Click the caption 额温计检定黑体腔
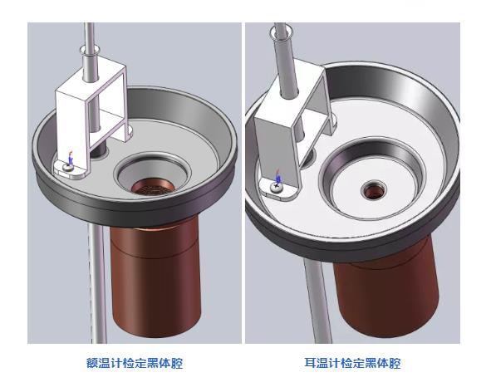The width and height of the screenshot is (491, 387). tap(135, 363)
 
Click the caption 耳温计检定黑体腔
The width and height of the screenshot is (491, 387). tap(352, 363)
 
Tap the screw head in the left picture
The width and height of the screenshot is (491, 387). tap(68, 167)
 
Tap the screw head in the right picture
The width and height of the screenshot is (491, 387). tap(277, 187)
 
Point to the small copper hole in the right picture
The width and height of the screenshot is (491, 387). tap(374, 191)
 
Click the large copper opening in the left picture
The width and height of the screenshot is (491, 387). tap(153, 187)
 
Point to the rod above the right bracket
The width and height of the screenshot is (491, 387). tap(284, 60)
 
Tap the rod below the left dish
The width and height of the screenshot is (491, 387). tap(96, 282)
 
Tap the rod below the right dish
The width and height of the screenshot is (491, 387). tap(317, 301)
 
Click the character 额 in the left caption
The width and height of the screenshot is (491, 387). tap(91, 363)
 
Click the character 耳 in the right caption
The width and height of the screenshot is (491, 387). tap(310, 363)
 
